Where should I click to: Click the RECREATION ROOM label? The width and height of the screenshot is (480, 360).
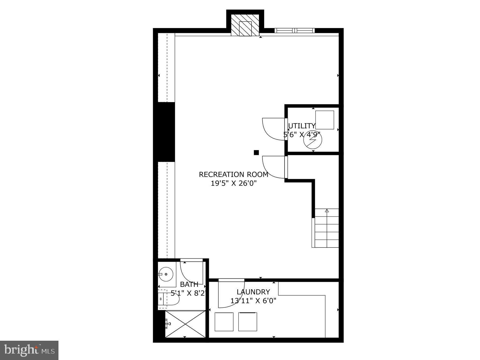pos(233,175)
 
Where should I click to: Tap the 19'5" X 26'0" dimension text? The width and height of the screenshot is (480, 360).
pos(234,183)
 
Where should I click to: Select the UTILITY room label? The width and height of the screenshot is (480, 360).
pos(301,126)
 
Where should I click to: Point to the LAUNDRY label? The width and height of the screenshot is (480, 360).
pos(253,292)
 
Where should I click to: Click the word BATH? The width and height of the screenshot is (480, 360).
pos(189,284)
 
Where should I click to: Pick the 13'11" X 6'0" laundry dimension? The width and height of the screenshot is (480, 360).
pos(253,301)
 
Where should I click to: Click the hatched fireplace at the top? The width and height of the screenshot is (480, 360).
pos(245,25)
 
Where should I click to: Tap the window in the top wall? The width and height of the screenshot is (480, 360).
pos(295,31)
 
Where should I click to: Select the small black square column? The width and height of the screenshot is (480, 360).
pos(256,153)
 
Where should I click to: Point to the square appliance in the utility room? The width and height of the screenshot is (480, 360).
pos(324,120)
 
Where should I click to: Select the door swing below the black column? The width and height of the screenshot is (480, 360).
pos(273,167)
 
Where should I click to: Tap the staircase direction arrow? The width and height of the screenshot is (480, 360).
pos(327,211)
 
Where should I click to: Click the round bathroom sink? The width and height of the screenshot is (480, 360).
pos(166,274)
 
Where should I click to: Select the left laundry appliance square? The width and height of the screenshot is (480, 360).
pos(224,322)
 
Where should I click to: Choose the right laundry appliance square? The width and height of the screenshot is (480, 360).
pos(248,322)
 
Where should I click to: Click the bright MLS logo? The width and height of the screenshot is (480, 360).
pos(29,350)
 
